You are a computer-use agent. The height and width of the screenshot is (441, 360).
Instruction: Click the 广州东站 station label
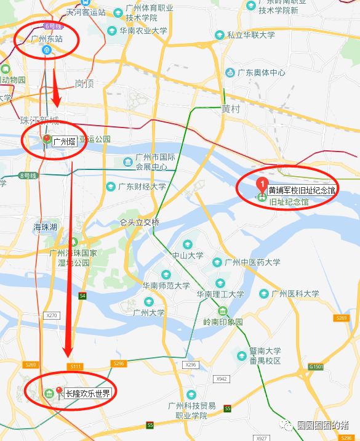click(x=47, y=38)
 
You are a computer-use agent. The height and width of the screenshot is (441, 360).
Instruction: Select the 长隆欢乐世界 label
click(x=88, y=393)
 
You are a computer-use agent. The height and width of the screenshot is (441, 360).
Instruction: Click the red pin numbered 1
click(x=260, y=184)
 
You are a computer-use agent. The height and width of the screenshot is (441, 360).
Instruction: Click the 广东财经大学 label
click(x=142, y=187)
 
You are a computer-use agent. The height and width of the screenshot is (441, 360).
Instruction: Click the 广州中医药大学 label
click(x=252, y=262)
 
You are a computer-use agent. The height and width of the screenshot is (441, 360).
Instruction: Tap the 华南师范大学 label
click(x=166, y=286)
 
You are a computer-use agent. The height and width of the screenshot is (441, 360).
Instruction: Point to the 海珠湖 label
click(x=46, y=228)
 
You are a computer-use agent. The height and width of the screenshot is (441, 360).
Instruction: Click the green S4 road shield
click(x=82, y=296)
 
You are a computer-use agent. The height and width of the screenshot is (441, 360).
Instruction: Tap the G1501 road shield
click(x=316, y=367)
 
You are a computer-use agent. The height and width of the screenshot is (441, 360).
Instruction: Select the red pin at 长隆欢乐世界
click(x=59, y=390)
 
